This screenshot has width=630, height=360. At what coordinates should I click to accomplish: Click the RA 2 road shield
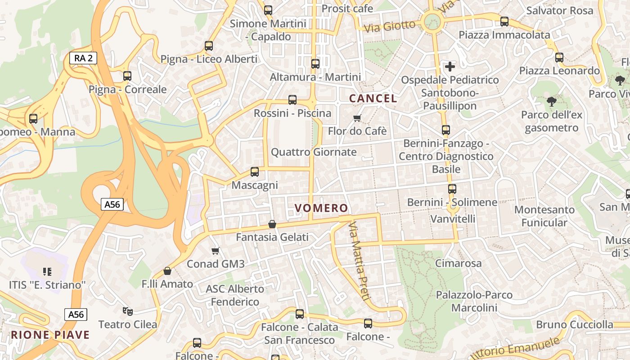tap(83, 58)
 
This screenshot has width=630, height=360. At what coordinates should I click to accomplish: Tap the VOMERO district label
tap(321, 208)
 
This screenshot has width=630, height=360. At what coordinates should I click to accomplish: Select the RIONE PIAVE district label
tap(50, 335)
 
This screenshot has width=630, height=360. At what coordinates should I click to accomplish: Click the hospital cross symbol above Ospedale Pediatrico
tap(450, 67)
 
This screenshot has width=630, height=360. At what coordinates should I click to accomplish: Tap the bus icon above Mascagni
tap(255, 171)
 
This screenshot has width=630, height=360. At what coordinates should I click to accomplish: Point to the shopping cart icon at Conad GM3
tap(216, 251)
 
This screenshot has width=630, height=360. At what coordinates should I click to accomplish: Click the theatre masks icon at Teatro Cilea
tap(128, 311)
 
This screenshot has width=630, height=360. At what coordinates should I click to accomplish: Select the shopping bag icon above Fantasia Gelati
tap(272, 224)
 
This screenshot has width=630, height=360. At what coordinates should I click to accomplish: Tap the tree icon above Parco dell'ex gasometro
tap(552, 101)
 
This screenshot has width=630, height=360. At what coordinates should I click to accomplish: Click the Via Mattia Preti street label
tap(360, 261)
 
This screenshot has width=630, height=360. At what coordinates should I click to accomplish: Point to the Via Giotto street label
tap(390, 26)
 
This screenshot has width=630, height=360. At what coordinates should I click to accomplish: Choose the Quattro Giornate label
tap(314, 152)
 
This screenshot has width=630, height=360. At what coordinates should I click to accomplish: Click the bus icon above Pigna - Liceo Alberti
tap(208, 45)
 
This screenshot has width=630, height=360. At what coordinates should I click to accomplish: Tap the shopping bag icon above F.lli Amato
tap(167, 271)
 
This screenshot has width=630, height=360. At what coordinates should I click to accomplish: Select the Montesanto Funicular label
tap(544, 216)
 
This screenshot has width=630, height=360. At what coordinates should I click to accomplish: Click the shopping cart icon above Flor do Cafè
tap(357, 118)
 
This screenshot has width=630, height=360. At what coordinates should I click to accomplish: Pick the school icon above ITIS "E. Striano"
tap(47, 271)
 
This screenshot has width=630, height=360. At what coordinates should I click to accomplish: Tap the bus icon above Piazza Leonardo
tap(559, 57)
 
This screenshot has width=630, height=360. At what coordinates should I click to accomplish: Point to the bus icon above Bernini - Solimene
tap(452, 189)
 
